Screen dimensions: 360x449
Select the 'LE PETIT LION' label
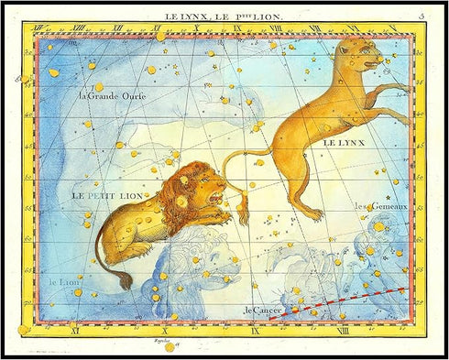click(x=106, y=195)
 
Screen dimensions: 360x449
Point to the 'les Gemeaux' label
click(x=375, y=206)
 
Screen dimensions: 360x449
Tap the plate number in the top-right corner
click(x=421, y=16)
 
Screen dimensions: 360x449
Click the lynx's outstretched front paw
click(x=403, y=88)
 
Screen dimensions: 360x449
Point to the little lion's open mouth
click(x=217, y=197)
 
